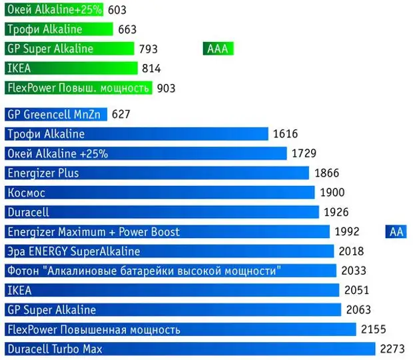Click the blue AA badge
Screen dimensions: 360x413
point(396,231)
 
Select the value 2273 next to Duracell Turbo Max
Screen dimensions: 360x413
point(392,349)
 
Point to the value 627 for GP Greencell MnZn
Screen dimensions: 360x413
point(121,114)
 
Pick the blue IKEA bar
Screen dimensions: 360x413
point(173,290)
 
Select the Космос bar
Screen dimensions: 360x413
point(159,192)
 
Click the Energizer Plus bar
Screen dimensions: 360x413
point(157,173)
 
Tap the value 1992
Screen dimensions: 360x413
point(347,231)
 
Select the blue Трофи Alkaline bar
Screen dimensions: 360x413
point(136,134)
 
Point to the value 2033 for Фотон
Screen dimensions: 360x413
point(354,271)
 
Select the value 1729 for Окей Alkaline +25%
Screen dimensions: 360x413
point(304,153)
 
